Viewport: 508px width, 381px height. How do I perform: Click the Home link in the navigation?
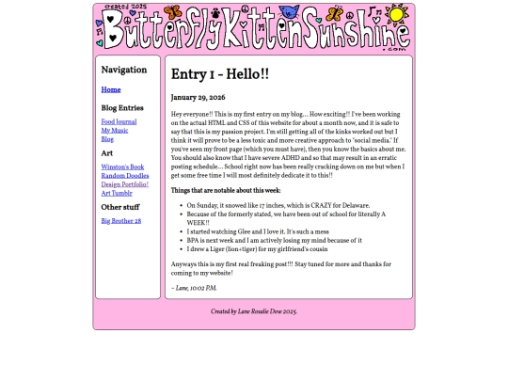tap(111, 90)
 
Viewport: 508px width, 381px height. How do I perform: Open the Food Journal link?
tap(119, 121)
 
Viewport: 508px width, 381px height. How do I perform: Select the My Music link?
tap(115, 131)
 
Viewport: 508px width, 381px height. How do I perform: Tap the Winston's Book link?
tap(122, 167)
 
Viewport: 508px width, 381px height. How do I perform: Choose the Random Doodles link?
tap(125, 176)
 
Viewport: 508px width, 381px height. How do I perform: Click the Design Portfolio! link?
tap(125, 184)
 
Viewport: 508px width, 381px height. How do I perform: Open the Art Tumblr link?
tap(117, 193)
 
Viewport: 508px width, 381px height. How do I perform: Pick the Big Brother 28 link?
tap(121, 221)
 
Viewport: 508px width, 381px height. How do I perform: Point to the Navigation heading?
tap(124, 70)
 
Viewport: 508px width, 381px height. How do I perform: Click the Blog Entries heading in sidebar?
tap(122, 108)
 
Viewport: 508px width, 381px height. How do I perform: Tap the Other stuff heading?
tap(120, 207)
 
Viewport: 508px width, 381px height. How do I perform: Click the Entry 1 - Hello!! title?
tap(220, 74)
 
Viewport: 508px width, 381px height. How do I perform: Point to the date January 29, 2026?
tap(198, 98)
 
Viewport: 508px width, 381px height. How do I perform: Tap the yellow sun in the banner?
tap(397, 15)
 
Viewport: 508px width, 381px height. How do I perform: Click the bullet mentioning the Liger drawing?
tap(257, 248)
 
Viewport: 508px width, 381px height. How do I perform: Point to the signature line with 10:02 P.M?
tap(194, 288)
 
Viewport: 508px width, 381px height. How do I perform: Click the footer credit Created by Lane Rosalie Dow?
tap(254, 311)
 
